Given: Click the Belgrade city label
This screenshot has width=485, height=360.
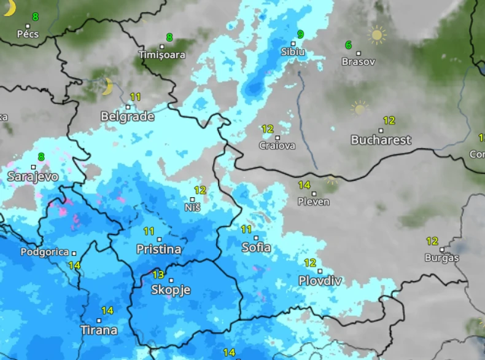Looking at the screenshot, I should (127, 117).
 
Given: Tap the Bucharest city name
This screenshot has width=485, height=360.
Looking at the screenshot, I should (381, 140).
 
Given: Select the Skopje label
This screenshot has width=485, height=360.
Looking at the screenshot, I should (171, 290).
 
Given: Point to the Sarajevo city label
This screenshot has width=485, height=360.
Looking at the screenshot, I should (33, 177).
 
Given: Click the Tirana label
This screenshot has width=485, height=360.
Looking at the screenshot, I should (99, 331).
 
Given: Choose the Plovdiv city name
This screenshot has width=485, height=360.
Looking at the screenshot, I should (320, 281).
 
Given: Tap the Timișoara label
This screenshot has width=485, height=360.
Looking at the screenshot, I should (162, 55).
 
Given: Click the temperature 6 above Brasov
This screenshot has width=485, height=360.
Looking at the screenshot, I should (348, 45).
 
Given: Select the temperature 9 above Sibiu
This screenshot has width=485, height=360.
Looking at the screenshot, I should (300, 34).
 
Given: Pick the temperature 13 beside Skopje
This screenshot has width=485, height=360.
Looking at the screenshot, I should (158, 275).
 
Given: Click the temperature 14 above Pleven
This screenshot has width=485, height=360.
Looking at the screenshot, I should (305, 185).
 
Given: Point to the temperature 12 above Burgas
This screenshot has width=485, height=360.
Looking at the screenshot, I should (432, 241).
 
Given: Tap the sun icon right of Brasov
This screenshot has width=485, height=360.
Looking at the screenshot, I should (377, 35).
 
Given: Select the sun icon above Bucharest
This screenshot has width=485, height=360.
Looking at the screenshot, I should (359, 109).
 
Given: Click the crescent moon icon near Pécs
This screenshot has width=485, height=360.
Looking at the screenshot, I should (9, 7).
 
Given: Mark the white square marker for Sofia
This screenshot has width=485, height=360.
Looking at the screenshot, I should (256, 238).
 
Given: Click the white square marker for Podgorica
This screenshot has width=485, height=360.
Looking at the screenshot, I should (74, 252).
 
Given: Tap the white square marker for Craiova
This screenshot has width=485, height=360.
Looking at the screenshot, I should (277, 138).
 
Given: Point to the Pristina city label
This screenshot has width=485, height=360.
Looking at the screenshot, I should (159, 249).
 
